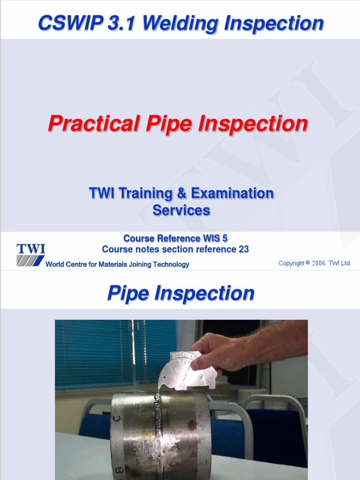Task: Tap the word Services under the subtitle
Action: [x=181, y=210]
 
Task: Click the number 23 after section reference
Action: [x=244, y=249]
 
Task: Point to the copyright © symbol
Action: [x=307, y=263]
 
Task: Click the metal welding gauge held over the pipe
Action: [x=187, y=370]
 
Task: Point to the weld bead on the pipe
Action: [x=157, y=422]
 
